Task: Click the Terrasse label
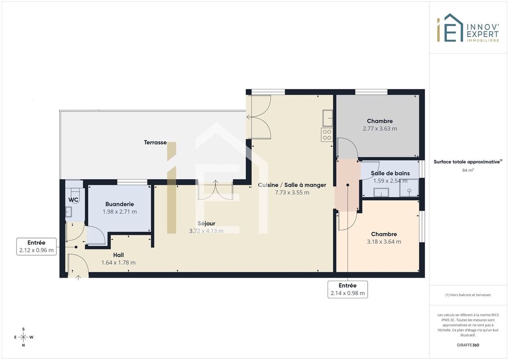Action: [155, 143]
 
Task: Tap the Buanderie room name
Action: [119, 204]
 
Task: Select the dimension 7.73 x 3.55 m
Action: [292, 193]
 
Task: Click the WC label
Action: [73, 200]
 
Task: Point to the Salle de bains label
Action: [390, 173]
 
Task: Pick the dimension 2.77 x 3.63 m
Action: [380, 129]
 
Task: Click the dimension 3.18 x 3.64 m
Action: [384, 242]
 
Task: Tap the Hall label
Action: [118, 255]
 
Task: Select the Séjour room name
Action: [207, 223]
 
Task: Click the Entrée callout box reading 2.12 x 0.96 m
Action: [36, 247]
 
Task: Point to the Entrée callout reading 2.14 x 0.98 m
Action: [348, 289]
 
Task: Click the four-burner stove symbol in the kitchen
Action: [327, 135]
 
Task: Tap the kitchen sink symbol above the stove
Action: [328, 118]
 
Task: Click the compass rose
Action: [23, 337]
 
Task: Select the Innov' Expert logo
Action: [468, 28]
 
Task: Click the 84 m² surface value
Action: [468, 170]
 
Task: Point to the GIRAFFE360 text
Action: [468, 345]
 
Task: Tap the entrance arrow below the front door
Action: [78, 277]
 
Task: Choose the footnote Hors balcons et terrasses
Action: [468, 295]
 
